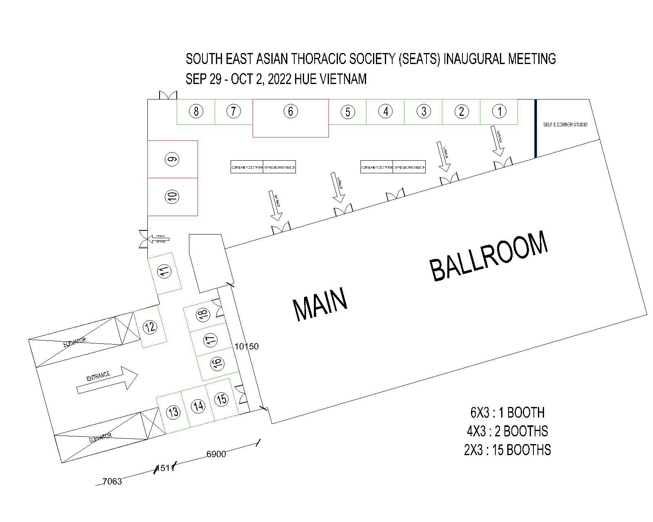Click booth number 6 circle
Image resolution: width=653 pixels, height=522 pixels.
coord(290,111)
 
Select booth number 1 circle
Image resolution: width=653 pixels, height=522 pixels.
coord(499,111)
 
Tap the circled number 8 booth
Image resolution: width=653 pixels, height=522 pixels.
coord(196,111)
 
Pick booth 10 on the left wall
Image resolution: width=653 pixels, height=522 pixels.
coord(173,197)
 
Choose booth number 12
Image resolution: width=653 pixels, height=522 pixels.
coord(150,327)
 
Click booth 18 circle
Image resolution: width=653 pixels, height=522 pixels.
coord(202,314)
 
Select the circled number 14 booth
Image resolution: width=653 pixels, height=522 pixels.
coord(198,406)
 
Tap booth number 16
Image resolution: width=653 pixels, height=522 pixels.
coord(218,363)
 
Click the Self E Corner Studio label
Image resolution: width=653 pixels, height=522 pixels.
coord(565,125)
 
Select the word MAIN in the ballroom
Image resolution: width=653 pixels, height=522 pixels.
coord(320,304)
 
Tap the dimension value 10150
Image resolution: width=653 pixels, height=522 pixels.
coord(247,347)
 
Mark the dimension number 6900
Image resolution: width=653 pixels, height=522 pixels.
coord(216,454)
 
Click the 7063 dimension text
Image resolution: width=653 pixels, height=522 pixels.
coord(112,482)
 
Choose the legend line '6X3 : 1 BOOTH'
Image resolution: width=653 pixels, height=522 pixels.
coord(507,413)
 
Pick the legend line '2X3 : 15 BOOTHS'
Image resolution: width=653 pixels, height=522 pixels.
coord(507,450)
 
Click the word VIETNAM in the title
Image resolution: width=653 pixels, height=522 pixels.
coord(343,79)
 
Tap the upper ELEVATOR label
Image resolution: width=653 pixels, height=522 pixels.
coord(75,343)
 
